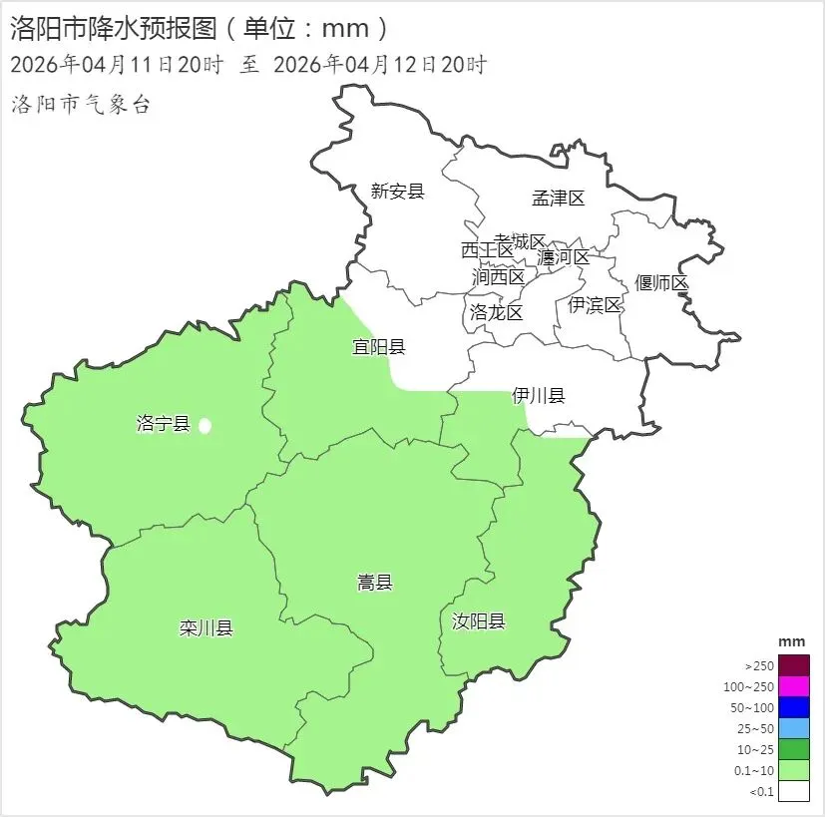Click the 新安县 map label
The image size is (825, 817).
397,192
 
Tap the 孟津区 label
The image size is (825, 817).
558,199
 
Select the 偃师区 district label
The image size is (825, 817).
662,283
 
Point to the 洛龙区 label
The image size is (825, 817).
496,312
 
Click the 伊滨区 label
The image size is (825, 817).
596,305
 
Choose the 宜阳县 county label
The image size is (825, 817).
378,347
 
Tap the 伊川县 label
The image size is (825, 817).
539,396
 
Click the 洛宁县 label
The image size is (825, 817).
163,424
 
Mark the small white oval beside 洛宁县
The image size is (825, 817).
205,426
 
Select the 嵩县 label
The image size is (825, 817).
375,583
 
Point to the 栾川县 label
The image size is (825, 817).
206,628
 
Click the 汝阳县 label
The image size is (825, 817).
479,621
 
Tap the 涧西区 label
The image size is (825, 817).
498,276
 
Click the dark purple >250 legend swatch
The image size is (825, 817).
794,664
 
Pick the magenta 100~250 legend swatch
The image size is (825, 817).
794,686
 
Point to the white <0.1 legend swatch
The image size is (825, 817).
794,791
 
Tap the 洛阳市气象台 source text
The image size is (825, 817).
80,105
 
